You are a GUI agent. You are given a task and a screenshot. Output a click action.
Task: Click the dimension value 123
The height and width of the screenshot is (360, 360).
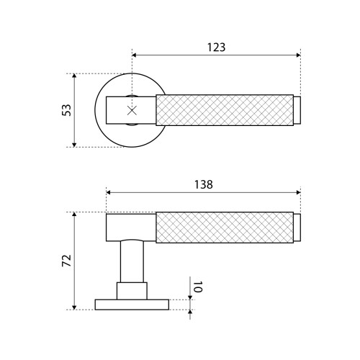[216, 48]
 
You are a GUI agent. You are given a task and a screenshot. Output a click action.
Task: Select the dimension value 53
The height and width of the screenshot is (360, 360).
[66, 110]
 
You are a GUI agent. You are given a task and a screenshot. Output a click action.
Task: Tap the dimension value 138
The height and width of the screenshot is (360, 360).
[204, 184]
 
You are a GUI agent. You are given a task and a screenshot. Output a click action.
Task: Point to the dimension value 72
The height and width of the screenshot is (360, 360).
[67, 261]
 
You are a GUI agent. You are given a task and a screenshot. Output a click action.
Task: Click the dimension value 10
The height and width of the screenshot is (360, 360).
[198, 287]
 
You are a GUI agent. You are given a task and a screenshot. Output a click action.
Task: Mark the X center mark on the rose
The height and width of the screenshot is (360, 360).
[132, 110]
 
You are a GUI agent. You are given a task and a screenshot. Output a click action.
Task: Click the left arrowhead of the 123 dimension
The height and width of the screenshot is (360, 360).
[134, 55]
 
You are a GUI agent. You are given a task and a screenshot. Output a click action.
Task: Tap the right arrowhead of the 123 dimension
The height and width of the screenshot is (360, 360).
[299, 55]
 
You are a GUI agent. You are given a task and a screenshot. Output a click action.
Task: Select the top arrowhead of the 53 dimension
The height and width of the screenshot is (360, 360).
[74, 76]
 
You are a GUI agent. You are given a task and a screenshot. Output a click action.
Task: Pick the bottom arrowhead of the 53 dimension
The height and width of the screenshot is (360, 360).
[74, 145]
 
